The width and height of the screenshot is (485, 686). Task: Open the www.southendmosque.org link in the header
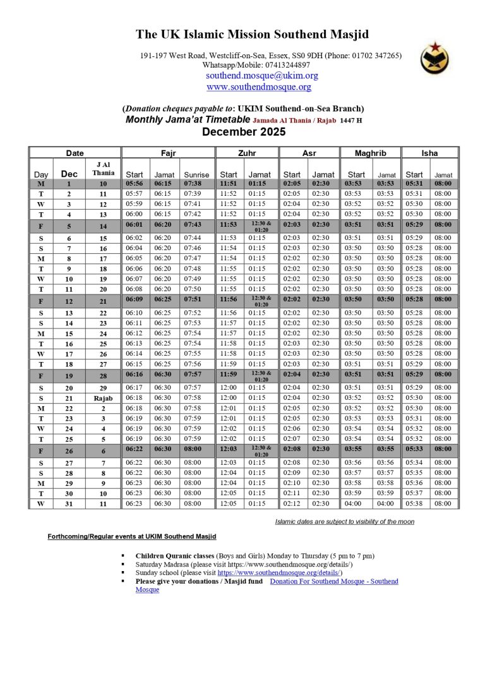point(259,87)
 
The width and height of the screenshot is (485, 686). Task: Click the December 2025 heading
point(243,132)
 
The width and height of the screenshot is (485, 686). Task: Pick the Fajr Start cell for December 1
point(134,184)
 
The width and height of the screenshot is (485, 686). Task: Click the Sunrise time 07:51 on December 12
point(193,299)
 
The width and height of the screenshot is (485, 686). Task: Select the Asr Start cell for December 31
point(292,503)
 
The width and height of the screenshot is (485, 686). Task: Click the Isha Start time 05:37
point(414,493)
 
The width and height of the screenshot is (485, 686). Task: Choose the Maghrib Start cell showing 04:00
point(356,503)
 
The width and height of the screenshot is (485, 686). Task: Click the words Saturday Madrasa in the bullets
point(162,564)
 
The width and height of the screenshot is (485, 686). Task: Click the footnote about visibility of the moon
point(344,521)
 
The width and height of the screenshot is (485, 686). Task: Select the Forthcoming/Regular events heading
point(131,536)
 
